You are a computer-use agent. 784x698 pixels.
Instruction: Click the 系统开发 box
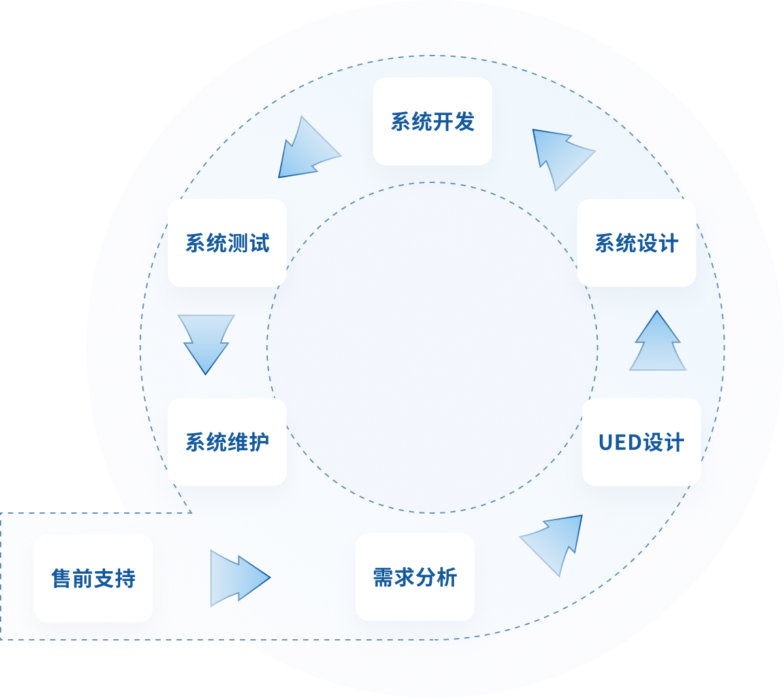(x=432, y=122)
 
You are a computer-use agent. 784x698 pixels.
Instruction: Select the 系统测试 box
(x=227, y=243)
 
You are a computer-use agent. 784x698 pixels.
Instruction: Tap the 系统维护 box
(x=227, y=442)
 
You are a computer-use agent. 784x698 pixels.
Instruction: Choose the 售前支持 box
(x=93, y=578)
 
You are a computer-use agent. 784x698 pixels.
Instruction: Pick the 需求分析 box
(x=414, y=577)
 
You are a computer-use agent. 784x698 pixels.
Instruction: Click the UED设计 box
(x=641, y=442)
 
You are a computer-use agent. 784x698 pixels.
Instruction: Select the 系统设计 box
(x=636, y=243)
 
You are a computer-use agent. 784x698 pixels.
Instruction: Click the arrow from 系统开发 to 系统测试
(x=308, y=151)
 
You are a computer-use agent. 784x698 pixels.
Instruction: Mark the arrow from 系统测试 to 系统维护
(x=206, y=342)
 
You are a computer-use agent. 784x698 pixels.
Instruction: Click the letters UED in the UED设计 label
(x=619, y=442)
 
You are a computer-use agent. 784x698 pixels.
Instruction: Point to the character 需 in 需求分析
(x=383, y=578)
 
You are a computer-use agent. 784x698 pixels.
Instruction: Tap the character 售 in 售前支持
(x=61, y=578)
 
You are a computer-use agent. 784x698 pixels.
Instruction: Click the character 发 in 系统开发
(x=464, y=122)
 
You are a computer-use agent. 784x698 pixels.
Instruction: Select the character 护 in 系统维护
(x=259, y=442)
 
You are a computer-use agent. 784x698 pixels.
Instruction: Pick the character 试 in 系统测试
(x=259, y=243)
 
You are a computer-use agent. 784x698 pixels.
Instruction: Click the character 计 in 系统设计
(x=668, y=243)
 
